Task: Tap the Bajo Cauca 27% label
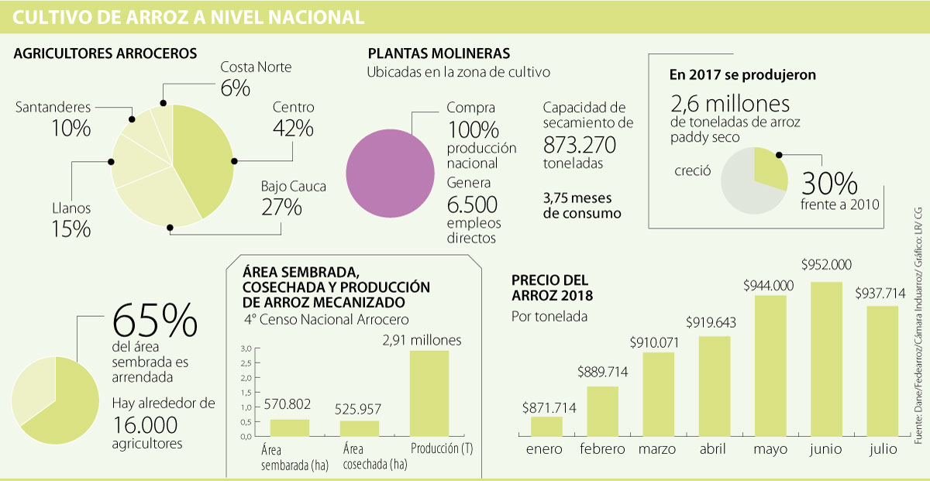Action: click(293, 198)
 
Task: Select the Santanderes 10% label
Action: click(53, 119)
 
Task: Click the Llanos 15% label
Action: click(71, 219)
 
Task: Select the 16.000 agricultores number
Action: click(145, 425)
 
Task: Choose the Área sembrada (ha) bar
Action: click(289, 428)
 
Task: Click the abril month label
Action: click(712, 449)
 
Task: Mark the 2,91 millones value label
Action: click(423, 340)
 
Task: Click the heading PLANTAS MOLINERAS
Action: click(439, 54)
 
